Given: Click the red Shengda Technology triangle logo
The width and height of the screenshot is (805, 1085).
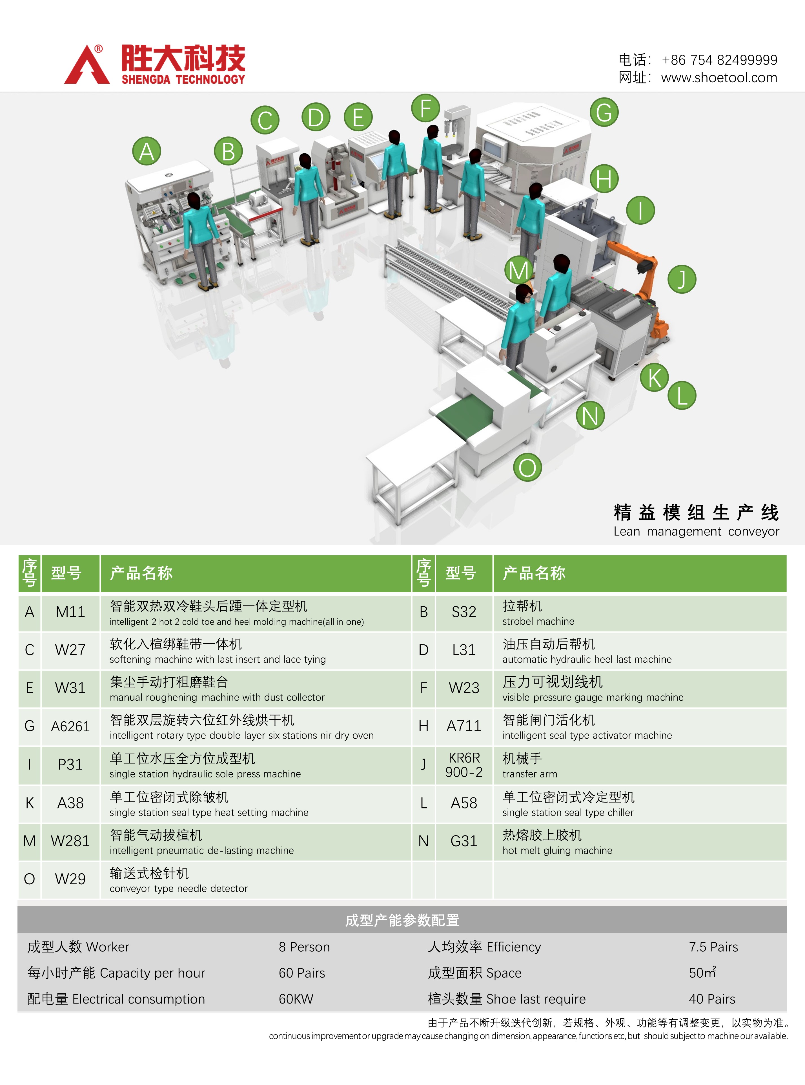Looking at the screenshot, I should (x=87, y=66).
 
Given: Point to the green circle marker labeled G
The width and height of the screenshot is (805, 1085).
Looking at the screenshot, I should (x=604, y=112).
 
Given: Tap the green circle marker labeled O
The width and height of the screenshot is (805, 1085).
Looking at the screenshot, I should (x=527, y=467).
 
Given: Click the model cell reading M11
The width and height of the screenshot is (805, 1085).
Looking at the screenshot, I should (x=70, y=612).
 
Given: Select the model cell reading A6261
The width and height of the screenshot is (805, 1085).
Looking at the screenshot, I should (x=70, y=726).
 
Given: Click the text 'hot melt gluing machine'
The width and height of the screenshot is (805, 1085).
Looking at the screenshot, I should (x=557, y=850).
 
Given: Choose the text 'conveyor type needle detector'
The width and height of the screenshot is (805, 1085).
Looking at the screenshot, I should (x=178, y=889).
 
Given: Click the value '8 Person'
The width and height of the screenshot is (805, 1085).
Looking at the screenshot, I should (x=304, y=947).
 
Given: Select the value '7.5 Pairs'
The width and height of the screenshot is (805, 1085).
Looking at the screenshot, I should (x=713, y=947).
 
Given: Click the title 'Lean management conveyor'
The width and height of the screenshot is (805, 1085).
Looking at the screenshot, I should (x=696, y=531).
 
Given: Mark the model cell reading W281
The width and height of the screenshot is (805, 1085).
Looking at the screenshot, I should (x=70, y=841).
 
